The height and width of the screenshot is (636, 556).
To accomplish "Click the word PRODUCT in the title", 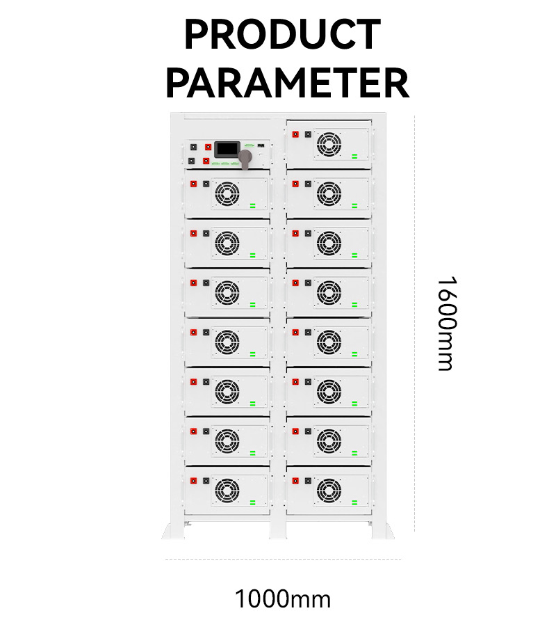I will [282, 35].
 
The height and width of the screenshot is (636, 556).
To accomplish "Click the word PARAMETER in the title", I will [287, 83].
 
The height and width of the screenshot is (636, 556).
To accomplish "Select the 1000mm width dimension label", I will [282, 598].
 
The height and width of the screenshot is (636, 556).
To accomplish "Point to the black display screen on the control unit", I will [226, 149].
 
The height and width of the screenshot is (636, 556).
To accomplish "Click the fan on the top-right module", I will [329, 144].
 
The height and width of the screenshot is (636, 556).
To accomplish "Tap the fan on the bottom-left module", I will [227, 491].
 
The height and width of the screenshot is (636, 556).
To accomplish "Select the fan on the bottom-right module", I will [329, 491].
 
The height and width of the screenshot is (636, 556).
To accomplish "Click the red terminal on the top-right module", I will [296, 134].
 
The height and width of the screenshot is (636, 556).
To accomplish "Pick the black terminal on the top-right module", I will [308, 134].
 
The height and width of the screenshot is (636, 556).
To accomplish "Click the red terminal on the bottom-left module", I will [193, 481].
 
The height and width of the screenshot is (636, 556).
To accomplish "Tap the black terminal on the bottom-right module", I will [308, 481].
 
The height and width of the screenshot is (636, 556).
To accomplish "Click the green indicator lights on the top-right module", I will [355, 157].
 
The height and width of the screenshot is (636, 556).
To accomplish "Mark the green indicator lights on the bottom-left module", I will [253, 502].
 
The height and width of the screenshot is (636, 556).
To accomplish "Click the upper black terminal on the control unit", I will [206, 148].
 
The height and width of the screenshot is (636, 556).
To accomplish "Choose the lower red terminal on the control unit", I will [206, 161].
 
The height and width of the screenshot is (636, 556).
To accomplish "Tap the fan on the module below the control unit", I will [227, 193].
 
